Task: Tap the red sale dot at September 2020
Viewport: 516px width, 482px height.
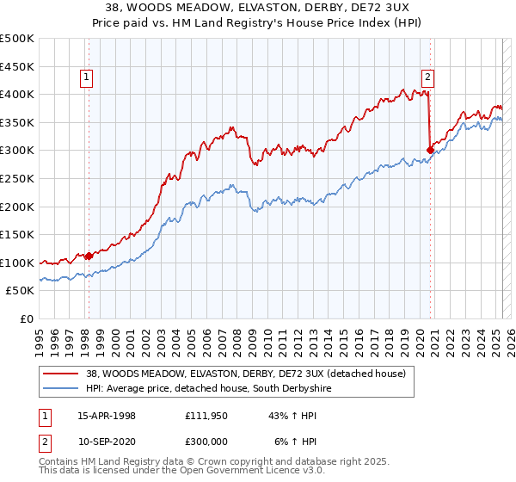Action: [x=429, y=149]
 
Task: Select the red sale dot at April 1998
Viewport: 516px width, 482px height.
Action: [x=89, y=256]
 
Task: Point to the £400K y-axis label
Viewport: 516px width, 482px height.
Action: [x=17, y=94]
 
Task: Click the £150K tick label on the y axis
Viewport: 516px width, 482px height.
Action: [x=17, y=234]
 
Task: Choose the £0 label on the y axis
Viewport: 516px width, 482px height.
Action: [x=28, y=318]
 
